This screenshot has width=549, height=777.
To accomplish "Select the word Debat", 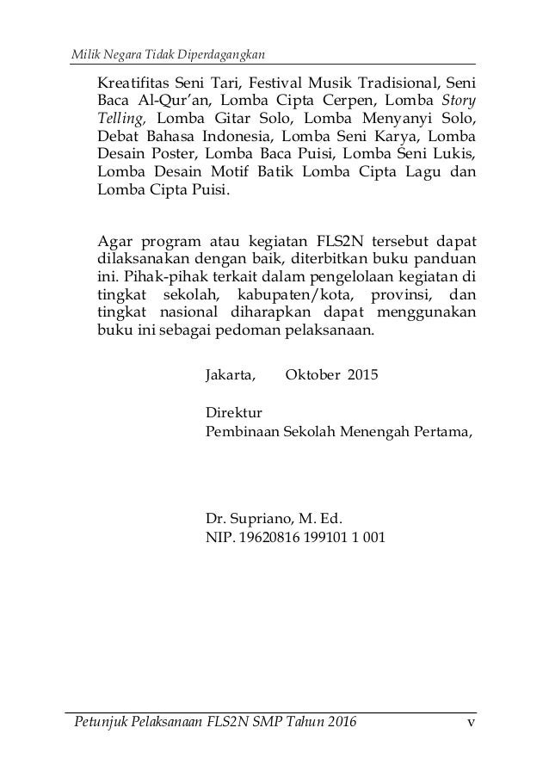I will [x=118, y=137].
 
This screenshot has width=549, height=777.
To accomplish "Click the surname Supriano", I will [x=262, y=520].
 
